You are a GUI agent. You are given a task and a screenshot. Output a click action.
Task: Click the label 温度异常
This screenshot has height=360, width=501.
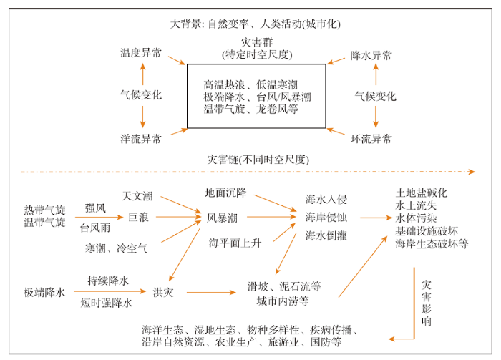141,53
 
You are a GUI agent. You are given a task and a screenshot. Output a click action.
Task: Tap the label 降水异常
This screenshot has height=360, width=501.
371,56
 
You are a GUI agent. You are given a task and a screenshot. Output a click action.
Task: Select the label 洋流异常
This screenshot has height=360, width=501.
141,139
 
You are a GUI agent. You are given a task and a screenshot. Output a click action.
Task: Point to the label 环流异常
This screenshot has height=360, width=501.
371,139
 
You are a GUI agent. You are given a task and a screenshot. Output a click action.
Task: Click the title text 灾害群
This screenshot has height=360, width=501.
257,42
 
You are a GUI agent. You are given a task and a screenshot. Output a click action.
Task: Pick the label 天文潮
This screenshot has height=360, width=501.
137,196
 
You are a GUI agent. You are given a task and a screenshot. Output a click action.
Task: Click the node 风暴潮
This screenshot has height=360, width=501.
222,218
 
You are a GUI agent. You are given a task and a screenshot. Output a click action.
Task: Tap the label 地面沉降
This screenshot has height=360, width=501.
225,193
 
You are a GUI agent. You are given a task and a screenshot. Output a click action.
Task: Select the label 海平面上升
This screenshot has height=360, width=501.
235,243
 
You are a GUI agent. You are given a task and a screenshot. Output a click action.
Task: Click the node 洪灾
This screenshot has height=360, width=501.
163,292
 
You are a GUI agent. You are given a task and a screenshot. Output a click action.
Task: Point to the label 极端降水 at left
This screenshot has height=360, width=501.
44,292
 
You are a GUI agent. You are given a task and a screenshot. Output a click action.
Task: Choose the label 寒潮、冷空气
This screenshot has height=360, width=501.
116,248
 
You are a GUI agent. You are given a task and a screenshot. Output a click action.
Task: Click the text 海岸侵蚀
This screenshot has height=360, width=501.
326,218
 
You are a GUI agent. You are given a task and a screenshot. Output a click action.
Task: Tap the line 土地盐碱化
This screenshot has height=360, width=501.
422,193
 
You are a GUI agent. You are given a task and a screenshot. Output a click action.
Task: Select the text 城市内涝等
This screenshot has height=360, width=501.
283,301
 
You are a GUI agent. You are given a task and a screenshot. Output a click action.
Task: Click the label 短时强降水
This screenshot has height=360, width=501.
106,303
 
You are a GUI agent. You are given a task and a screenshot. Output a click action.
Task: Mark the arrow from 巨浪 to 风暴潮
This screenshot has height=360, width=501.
179,217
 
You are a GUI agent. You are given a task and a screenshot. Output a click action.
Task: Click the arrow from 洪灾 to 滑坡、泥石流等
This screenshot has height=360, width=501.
211,292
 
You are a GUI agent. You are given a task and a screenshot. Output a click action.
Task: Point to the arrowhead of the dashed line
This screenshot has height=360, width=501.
472,172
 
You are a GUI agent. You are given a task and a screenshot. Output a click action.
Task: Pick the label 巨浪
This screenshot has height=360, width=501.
138,218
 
